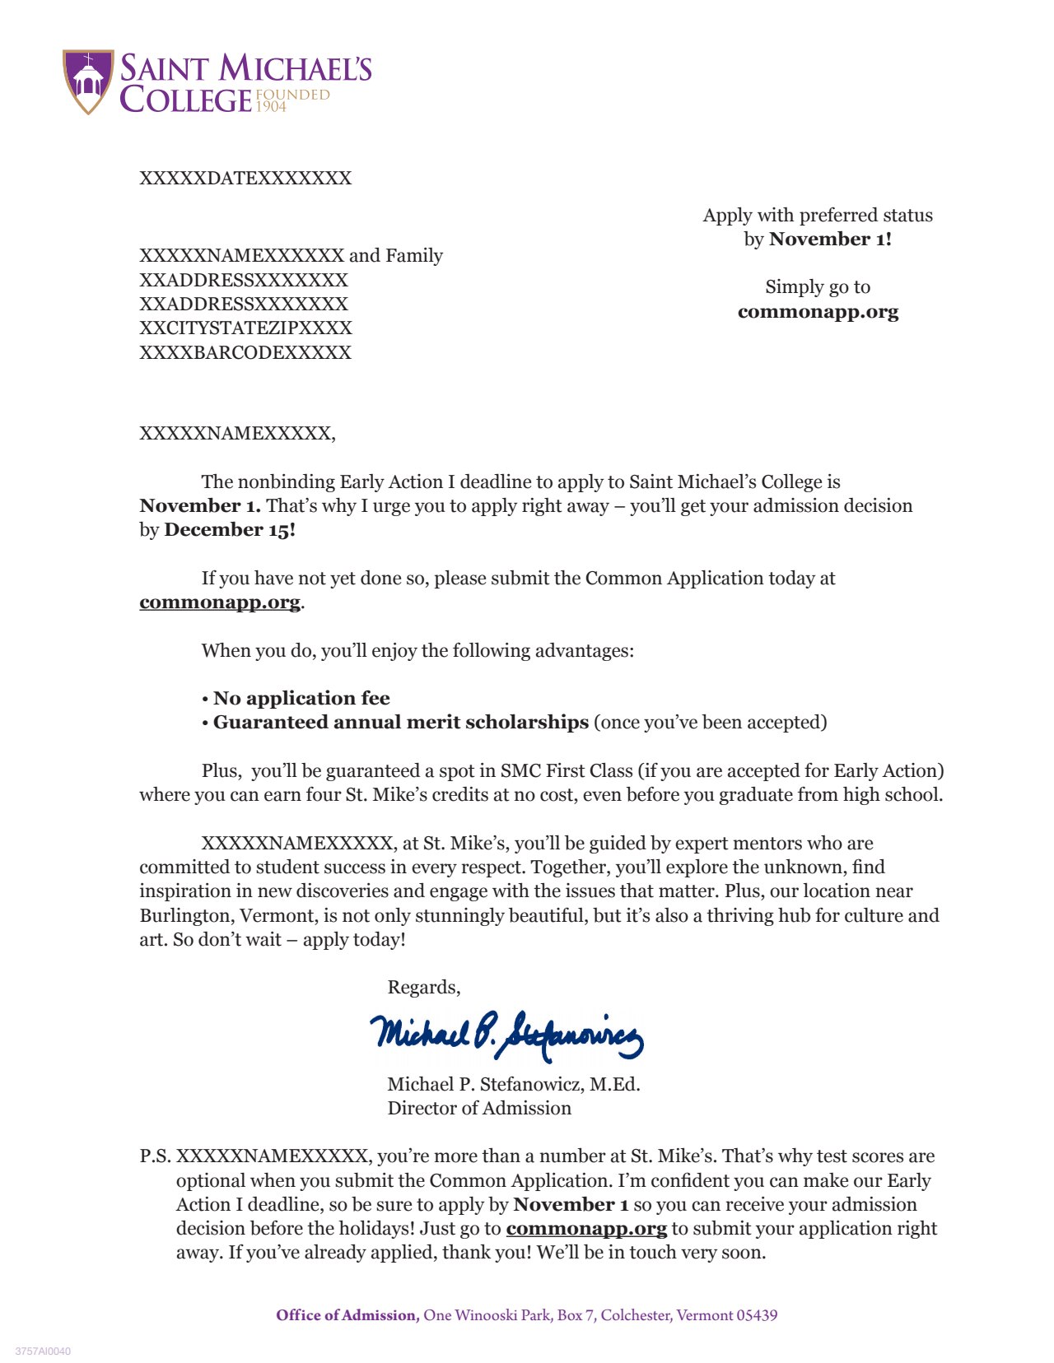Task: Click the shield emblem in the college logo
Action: tap(88, 81)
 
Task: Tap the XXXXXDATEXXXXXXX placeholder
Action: tap(245, 179)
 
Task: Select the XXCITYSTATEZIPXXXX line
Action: tap(245, 328)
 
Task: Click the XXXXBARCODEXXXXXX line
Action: tap(245, 352)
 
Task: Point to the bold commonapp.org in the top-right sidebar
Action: tap(818, 312)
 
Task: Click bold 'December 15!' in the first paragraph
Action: tap(230, 530)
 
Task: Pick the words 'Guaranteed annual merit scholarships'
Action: tap(401, 723)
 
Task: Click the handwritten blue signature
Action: tap(506, 1035)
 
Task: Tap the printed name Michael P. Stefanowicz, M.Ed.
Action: tap(514, 1085)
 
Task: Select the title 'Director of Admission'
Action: tap(479, 1109)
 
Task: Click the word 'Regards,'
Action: tap(424, 988)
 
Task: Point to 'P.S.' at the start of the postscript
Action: tap(156, 1156)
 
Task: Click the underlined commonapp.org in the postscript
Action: tap(586, 1229)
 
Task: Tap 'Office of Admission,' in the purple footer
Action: tap(348, 1315)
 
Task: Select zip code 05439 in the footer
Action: tap(757, 1315)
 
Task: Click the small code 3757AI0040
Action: tap(43, 1351)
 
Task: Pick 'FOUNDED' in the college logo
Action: tap(293, 95)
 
